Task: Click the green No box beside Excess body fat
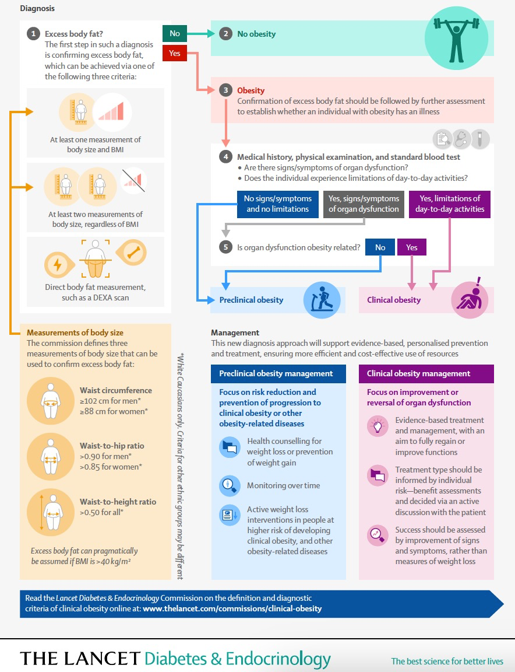[x=175, y=33]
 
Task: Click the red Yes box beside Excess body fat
[x=175, y=53]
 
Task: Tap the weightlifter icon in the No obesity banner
[x=456, y=38]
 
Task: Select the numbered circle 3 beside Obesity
[x=225, y=90]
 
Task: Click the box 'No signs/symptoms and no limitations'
[x=278, y=204]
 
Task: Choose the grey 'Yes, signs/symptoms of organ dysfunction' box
[x=364, y=204]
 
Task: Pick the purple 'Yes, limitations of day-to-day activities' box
[x=450, y=204]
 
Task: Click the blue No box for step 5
[x=380, y=247]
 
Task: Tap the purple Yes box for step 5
[x=411, y=247]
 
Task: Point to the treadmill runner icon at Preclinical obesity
[x=322, y=300]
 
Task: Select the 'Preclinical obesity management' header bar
[x=278, y=374]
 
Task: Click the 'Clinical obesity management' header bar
[x=426, y=374]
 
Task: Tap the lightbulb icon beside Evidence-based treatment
[x=378, y=426]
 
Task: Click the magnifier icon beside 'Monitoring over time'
[x=230, y=485]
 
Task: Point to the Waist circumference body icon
[x=51, y=401]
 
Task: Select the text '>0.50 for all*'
[x=101, y=512]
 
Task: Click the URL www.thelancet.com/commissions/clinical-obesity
[x=232, y=608]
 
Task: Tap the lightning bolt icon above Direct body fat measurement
[x=57, y=265]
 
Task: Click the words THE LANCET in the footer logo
[x=80, y=658]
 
